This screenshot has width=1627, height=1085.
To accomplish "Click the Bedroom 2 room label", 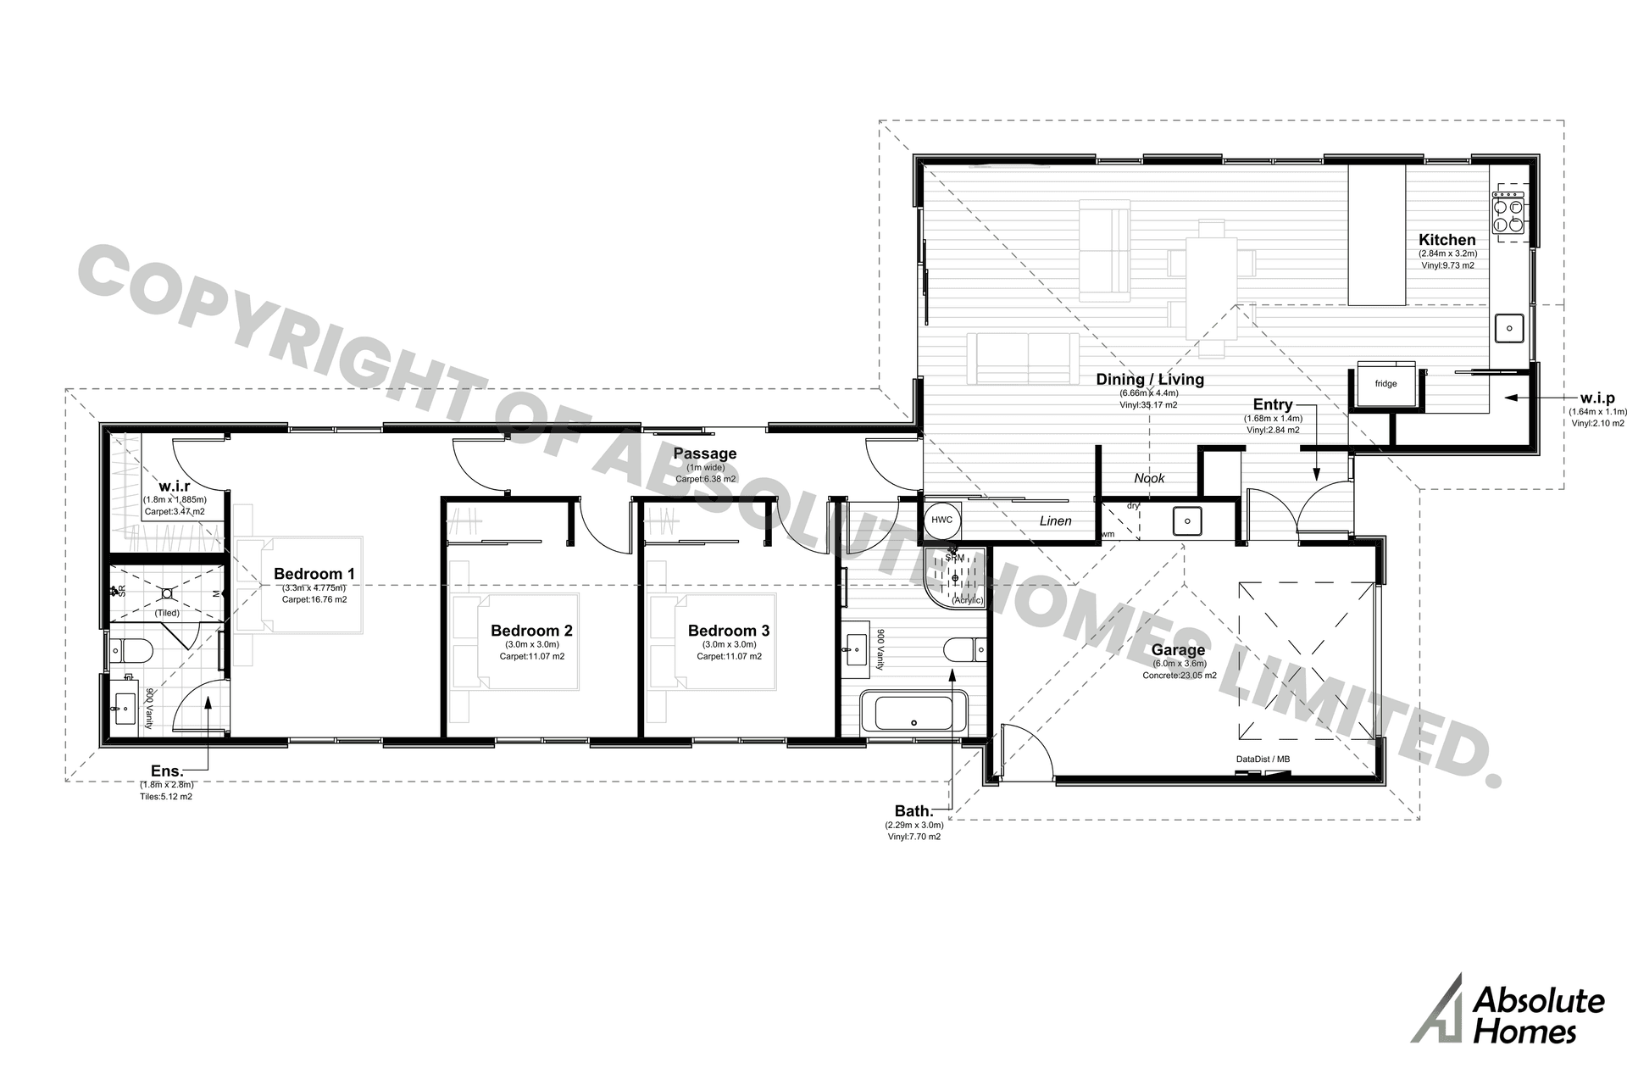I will [531, 631].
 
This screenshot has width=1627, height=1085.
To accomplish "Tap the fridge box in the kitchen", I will [1386, 384].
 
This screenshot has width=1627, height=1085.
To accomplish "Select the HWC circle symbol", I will [941, 520].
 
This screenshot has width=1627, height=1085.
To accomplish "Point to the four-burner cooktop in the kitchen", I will [1508, 216].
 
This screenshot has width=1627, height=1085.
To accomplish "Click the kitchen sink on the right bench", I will [1509, 327].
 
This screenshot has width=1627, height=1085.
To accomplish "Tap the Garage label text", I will [1178, 650].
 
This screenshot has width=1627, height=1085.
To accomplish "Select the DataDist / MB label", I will [1263, 759].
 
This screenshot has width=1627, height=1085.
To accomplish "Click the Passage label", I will [705, 453].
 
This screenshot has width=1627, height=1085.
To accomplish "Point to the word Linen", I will [1055, 521].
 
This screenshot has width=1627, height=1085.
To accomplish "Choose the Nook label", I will [1149, 478].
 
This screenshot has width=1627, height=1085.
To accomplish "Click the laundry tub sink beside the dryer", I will [1187, 520].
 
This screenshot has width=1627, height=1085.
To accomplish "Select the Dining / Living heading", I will [1149, 380].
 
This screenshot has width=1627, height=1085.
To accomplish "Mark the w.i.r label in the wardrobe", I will [174, 486].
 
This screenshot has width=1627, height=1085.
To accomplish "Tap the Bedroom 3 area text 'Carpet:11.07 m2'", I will [729, 657].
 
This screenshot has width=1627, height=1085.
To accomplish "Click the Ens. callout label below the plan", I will [167, 771].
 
